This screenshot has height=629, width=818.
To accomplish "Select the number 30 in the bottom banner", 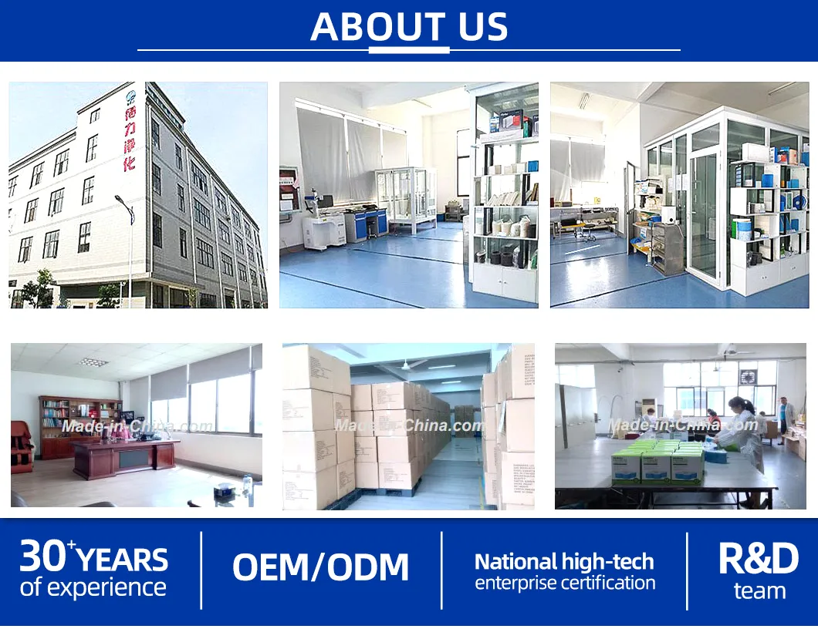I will pos(43,554).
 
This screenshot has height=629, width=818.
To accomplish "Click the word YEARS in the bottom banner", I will pos(123,559).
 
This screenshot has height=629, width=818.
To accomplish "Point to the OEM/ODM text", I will pos(320,567).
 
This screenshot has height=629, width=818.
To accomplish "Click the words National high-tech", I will pos(564,561).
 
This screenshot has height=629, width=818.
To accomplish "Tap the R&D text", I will pos(759,559).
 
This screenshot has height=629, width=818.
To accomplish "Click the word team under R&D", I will pos(759,591).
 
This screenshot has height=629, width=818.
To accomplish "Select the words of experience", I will pos(93,587).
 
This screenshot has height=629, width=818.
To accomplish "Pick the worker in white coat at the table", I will pos(742,432).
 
